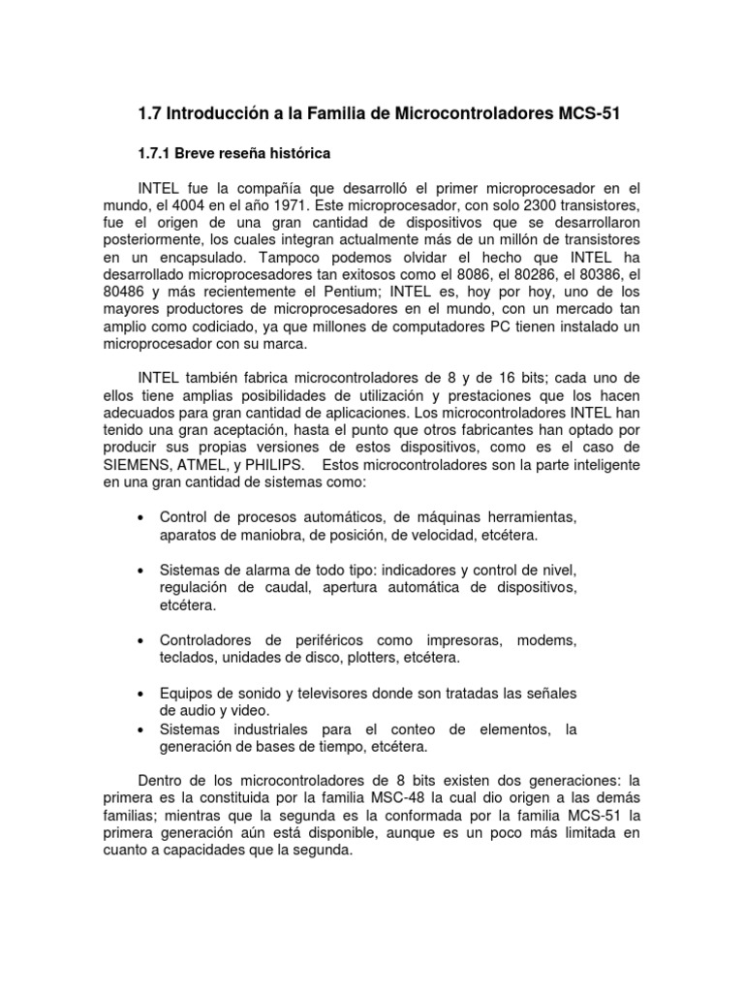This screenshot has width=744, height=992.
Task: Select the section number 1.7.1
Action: click(162, 153)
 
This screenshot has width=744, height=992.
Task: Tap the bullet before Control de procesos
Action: click(141, 518)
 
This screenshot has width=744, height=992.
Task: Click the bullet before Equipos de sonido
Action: click(141, 693)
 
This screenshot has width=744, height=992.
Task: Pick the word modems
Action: click(547, 640)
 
